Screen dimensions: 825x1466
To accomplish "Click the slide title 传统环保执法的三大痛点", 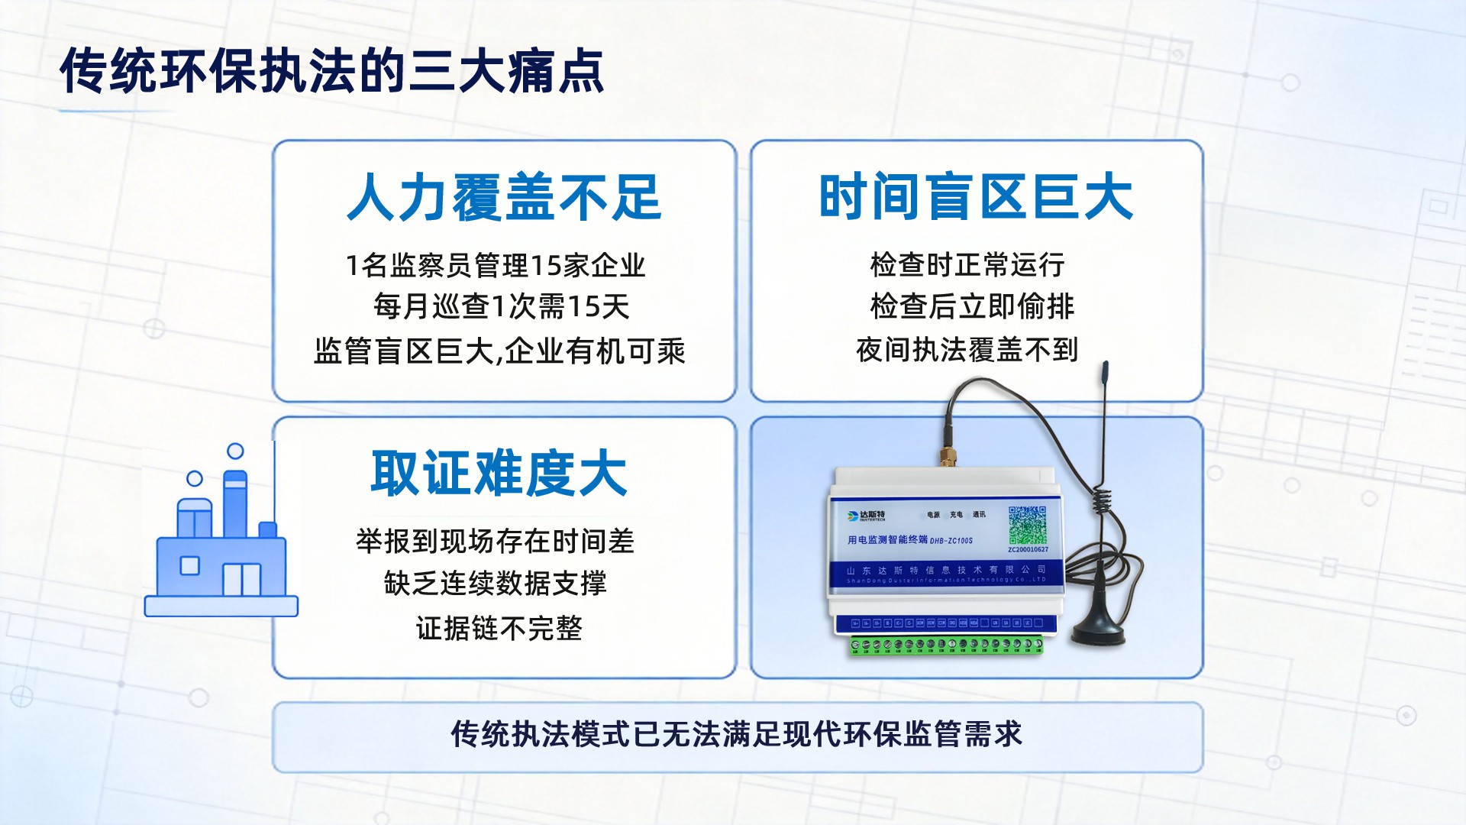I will [332, 71].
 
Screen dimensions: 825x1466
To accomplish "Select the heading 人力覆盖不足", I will [504, 197].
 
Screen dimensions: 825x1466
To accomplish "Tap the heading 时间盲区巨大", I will [975, 197].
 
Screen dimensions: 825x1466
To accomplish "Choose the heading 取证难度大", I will [499, 474].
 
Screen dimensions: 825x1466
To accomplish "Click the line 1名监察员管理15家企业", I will [496, 266].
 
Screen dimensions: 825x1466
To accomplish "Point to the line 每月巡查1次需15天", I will [501, 307].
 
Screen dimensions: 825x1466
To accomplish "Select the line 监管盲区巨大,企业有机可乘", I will [499, 351].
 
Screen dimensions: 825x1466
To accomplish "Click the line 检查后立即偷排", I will [971, 307].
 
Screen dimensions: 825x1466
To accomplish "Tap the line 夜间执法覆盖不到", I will [967, 350].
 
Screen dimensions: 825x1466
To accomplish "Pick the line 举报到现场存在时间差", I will [495, 542].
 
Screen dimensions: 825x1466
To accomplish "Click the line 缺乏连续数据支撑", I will [495, 584].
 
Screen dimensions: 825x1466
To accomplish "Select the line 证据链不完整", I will [499, 629].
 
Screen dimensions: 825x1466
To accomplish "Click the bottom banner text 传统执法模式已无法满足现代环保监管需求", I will [736, 734].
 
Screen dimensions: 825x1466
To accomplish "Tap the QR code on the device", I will [1027, 525].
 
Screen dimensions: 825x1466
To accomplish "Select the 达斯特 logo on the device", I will [867, 516].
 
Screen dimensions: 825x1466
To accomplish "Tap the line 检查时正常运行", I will [967, 265].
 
